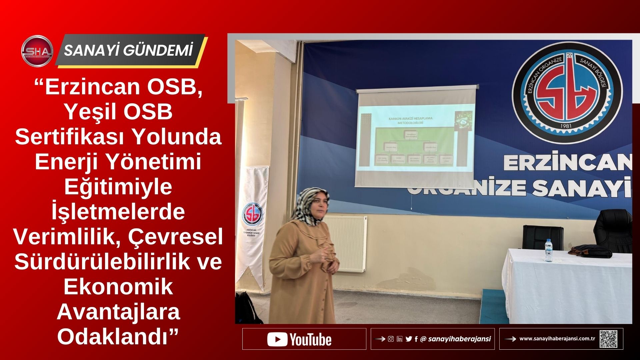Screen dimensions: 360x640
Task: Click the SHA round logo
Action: pyautogui.click(x=37, y=51)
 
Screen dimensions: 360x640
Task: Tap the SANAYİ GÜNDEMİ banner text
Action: pyautogui.click(x=129, y=51)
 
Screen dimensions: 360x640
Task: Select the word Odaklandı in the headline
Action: pyautogui.click(x=118, y=336)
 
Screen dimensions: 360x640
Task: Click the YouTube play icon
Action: pyautogui.click(x=277, y=339)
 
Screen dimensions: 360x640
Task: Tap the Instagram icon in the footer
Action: pyautogui.click(x=391, y=339)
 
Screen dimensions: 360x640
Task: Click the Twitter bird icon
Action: pyautogui.click(x=409, y=339)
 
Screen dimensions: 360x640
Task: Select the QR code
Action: pyautogui.click(x=608, y=339)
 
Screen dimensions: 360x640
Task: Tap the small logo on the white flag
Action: pyautogui.click(x=252, y=214)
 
